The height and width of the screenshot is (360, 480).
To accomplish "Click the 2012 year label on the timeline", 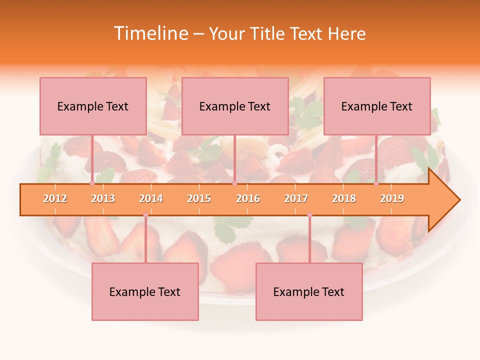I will pyautogui.click(x=55, y=198).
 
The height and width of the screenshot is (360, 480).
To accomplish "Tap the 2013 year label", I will pyautogui.click(x=103, y=198).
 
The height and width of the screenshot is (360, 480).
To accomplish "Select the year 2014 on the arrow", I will pyautogui.click(x=151, y=198).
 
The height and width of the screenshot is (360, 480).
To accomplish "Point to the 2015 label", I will pyautogui.click(x=199, y=198).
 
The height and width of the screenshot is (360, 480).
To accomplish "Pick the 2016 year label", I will pyautogui.click(x=248, y=198).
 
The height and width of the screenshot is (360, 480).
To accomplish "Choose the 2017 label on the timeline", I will pyautogui.click(x=296, y=198).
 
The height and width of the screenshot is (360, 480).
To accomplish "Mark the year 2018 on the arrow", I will pyautogui.click(x=344, y=198).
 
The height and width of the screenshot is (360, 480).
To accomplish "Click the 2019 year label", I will pyautogui.click(x=392, y=198).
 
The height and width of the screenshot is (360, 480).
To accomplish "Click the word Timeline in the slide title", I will pyautogui.click(x=150, y=33).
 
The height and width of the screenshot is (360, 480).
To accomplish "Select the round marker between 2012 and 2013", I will pyautogui.click(x=92, y=183).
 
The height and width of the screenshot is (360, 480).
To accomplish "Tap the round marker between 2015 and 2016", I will pyautogui.click(x=234, y=183).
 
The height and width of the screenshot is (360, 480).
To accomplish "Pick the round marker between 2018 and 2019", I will pyautogui.click(x=376, y=183).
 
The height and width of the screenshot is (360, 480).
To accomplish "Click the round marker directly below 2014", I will pyautogui.click(x=145, y=215).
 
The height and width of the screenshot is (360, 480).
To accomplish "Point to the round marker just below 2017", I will pyautogui.click(x=309, y=215).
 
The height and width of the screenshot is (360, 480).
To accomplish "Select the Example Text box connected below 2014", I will pyautogui.click(x=145, y=291).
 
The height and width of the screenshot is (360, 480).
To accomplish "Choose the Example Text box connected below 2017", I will pyautogui.click(x=309, y=291).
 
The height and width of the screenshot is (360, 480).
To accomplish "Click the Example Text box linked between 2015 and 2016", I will pyautogui.click(x=235, y=106).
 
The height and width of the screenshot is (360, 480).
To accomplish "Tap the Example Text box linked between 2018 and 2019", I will pyautogui.click(x=377, y=106).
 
